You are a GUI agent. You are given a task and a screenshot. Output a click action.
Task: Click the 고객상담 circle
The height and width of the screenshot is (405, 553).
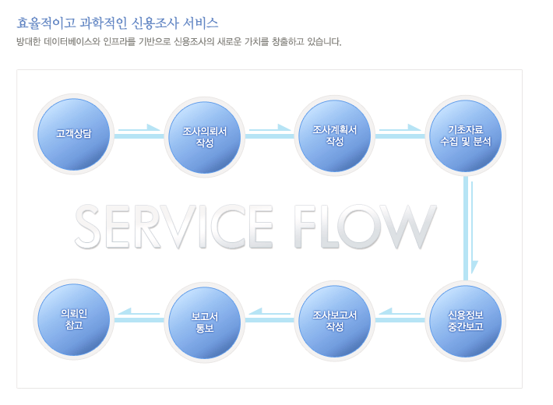(x=74, y=134)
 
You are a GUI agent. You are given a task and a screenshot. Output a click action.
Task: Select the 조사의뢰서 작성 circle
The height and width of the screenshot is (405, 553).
(x=205, y=136)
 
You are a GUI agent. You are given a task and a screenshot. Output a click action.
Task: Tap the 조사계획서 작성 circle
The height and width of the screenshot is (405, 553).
(x=335, y=135)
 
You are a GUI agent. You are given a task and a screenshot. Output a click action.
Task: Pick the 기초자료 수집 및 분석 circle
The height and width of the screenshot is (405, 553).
(x=465, y=136)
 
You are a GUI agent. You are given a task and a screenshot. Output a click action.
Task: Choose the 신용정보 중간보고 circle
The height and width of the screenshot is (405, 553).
(x=466, y=320)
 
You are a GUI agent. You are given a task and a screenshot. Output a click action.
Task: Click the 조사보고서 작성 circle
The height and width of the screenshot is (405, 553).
(x=335, y=320)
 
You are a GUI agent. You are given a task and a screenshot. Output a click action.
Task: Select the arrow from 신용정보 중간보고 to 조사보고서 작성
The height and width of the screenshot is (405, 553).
(x=400, y=316)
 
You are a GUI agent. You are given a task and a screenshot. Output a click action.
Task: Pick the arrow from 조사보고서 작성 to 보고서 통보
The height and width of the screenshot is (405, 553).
(x=269, y=316)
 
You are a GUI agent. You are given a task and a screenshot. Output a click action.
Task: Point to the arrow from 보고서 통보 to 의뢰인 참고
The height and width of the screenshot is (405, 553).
(x=139, y=316)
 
